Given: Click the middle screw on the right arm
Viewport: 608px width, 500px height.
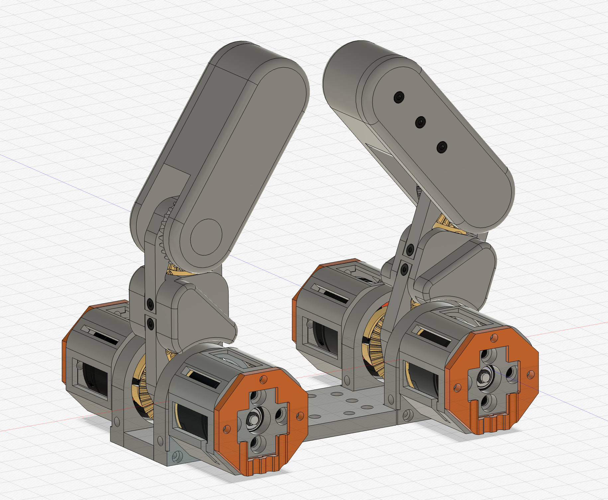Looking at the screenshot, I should coord(420,123).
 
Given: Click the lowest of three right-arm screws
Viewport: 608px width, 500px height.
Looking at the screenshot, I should coord(442,147).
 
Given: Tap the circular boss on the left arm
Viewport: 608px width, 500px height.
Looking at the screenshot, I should coord(206,237).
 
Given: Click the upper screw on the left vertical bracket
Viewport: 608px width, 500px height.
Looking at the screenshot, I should coord(150,303).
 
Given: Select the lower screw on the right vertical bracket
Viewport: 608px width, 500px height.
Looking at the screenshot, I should coord(404,268).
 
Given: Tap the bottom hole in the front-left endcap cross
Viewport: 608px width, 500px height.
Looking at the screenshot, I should coord(256,442).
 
